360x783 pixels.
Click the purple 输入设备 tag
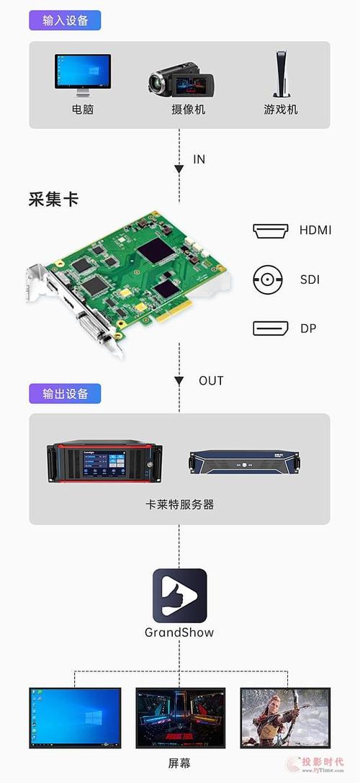pos(65,20)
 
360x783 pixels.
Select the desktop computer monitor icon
pos(83,75)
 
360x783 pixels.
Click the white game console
pos(281,74)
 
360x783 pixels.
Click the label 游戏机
pos(281,109)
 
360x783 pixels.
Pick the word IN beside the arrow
pos(199,159)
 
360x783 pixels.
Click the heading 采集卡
pos(53,200)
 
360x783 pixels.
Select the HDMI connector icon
pos(271,231)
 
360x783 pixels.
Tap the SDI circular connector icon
pos(267,279)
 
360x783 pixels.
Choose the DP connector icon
pos(271,328)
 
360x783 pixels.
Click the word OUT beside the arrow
pos(210,380)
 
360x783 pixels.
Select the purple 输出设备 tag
pos(65,393)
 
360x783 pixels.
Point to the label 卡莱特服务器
pos(179,505)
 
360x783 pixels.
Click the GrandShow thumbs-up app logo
pos(179,596)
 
